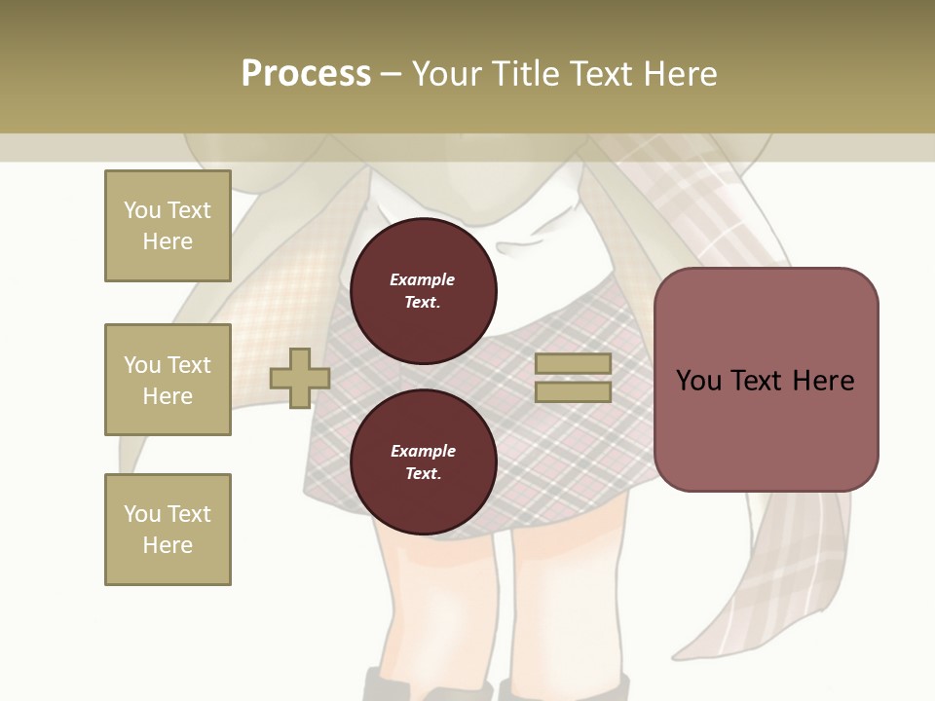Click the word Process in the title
(306, 73)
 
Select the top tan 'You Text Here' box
(168, 226)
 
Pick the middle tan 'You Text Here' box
(168, 380)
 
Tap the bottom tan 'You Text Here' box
(168, 529)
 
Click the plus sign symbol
(300, 378)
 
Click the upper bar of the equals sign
(573, 364)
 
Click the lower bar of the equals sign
(573, 391)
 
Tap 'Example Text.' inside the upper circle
(423, 290)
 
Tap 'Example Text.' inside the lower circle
(423, 461)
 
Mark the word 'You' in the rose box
(698, 380)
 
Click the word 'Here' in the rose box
(824, 380)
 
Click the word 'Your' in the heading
(448, 73)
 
